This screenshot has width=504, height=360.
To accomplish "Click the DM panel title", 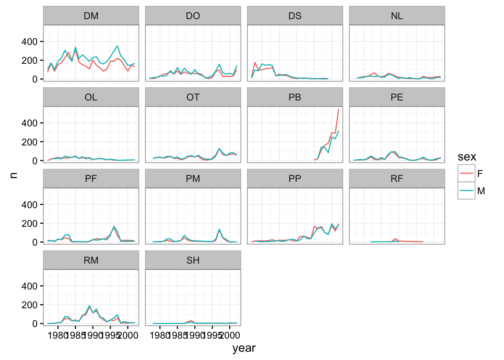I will click(91, 16).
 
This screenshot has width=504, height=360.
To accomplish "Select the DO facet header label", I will click(193, 16).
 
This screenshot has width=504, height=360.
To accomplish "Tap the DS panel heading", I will click(295, 16).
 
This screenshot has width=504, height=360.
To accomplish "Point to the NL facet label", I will click(397, 16).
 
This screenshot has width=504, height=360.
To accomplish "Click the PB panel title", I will click(295, 97).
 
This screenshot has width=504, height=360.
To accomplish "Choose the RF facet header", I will click(397, 178).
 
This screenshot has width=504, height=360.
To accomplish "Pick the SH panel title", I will click(193, 260).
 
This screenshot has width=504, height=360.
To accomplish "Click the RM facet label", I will click(91, 260).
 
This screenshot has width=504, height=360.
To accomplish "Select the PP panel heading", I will click(295, 178).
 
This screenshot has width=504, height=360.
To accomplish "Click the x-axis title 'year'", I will click(244, 348).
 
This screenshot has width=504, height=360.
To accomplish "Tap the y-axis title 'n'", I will click(14, 175).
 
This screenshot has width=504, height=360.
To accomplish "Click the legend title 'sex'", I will click(467, 157).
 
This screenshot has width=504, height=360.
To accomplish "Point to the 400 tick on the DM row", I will click(30, 42).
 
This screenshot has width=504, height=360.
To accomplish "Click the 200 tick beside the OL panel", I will click(30, 142).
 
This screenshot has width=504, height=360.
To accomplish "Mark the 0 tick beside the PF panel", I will click(35, 242).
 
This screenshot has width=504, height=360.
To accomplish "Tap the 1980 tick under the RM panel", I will click(57, 335).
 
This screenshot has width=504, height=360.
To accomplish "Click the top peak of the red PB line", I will click(339, 109).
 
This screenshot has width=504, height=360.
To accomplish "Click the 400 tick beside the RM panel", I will click(30, 286).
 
